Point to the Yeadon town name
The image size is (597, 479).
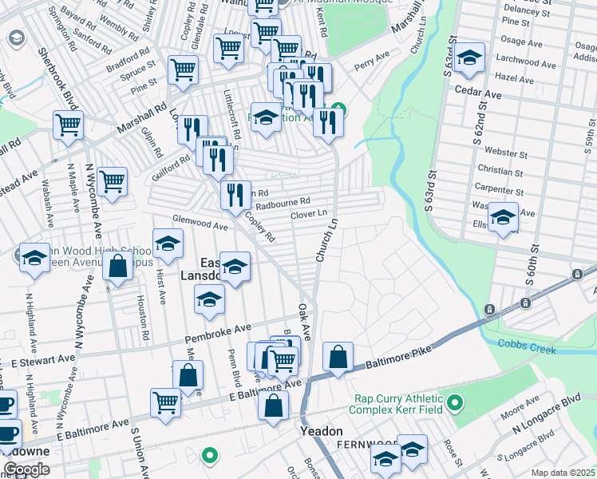pos(321,431)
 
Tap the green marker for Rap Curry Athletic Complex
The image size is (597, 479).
pos(455,402)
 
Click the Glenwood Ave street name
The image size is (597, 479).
pos(201,223)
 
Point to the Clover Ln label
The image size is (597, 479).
pos(309,214)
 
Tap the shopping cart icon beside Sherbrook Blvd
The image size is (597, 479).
pos(69,124)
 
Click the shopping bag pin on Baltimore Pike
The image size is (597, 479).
pos(338,356)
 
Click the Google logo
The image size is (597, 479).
pos(26,469)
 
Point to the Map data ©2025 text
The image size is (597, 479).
pos(563,473)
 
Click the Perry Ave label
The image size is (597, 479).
pos(371,60)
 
